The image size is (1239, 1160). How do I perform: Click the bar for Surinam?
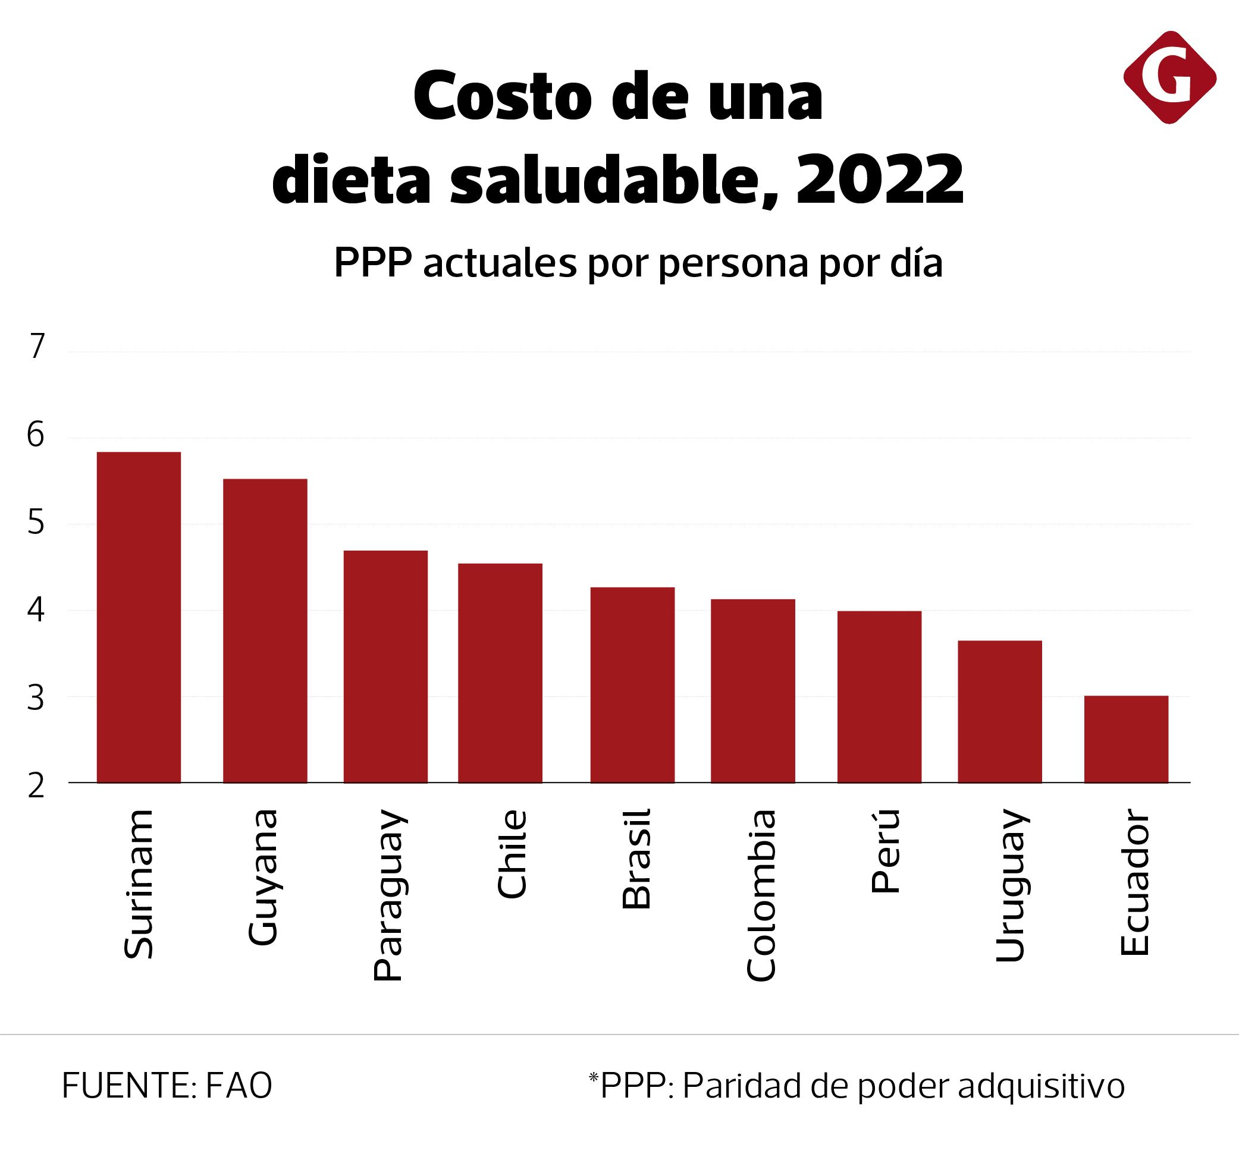pos(139,617)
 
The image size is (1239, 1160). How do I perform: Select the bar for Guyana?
pos(265,630)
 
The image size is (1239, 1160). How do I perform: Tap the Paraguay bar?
pos(385,666)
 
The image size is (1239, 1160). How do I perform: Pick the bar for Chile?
pos(500,673)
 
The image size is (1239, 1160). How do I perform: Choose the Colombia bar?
pos(752,690)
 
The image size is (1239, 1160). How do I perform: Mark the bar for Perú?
pos(879,696)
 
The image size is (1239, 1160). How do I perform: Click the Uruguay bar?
pos(999,711)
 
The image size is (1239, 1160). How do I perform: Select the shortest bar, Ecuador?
pos(1125,739)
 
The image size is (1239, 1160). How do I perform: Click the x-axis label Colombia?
pos(761,895)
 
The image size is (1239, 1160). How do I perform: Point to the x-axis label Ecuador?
pos(1134,882)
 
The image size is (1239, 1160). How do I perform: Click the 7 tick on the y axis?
pos(37,347)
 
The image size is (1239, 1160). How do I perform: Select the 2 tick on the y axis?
pos(37,786)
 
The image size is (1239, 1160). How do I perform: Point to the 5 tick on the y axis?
pos(37,522)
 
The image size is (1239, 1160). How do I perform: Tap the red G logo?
pos(1169,77)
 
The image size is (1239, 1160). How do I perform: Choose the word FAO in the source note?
pos(239,1086)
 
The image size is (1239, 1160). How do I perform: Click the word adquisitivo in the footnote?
pos(1041,1086)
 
